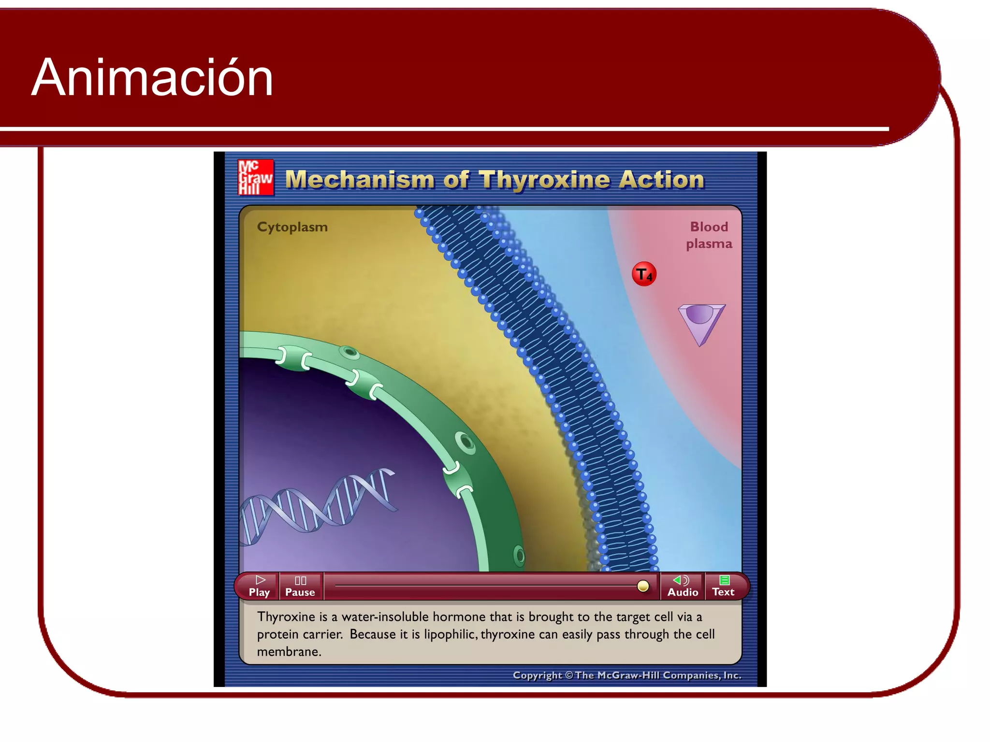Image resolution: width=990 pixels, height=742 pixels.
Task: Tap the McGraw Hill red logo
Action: click(x=256, y=178)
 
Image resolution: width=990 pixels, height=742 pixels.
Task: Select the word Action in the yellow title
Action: click(x=661, y=180)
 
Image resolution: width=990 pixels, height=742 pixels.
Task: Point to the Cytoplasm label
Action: click(x=292, y=227)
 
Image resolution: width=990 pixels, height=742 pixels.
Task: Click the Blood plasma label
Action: click(x=709, y=235)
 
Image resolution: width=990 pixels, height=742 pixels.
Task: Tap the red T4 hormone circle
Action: click(x=644, y=274)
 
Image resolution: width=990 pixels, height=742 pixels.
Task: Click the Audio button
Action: click(x=682, y=586)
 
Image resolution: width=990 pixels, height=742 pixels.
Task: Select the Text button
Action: click(x=723, y=586)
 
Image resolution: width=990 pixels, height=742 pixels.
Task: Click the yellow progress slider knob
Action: click(x=643, y=586)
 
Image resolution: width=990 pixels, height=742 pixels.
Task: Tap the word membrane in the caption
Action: click(x=289, y=652)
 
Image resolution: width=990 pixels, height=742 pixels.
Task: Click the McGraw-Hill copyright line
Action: click(x=626, y=675)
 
